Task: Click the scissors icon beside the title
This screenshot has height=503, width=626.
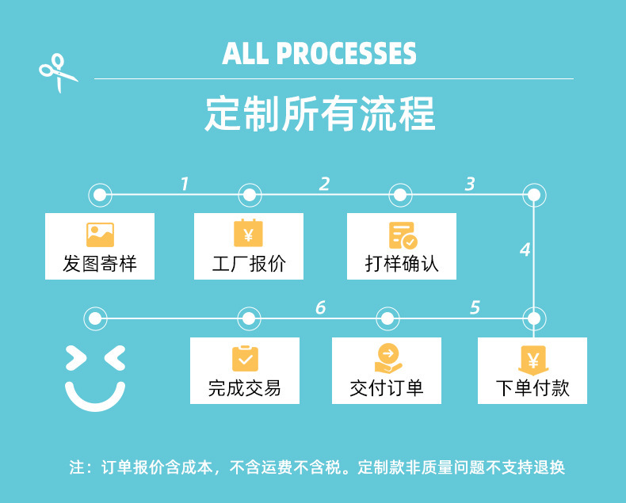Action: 57,71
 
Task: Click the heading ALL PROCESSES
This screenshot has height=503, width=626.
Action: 319,53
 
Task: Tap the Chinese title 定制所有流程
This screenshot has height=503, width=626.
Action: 319,113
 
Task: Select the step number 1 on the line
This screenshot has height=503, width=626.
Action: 184,185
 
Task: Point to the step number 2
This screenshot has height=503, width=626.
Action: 324,185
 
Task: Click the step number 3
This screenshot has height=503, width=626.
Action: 470,185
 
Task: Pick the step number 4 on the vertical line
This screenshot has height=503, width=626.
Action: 525,250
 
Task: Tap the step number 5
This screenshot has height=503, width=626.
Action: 475,307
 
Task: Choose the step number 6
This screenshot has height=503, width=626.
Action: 320,307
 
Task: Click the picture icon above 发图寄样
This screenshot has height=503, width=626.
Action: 100,234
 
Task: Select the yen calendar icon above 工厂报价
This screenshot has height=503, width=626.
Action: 248,233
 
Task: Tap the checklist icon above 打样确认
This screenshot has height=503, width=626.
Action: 403,234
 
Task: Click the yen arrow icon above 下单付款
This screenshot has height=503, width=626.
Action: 532,360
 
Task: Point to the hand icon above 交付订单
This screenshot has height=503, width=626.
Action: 387,358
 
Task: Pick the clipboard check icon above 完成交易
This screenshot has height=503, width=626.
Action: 245,358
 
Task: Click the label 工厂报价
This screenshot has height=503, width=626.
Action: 248,264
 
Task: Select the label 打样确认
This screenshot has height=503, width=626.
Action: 402,264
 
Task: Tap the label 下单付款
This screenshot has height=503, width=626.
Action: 532,388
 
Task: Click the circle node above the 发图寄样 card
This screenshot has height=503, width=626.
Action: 100,194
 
